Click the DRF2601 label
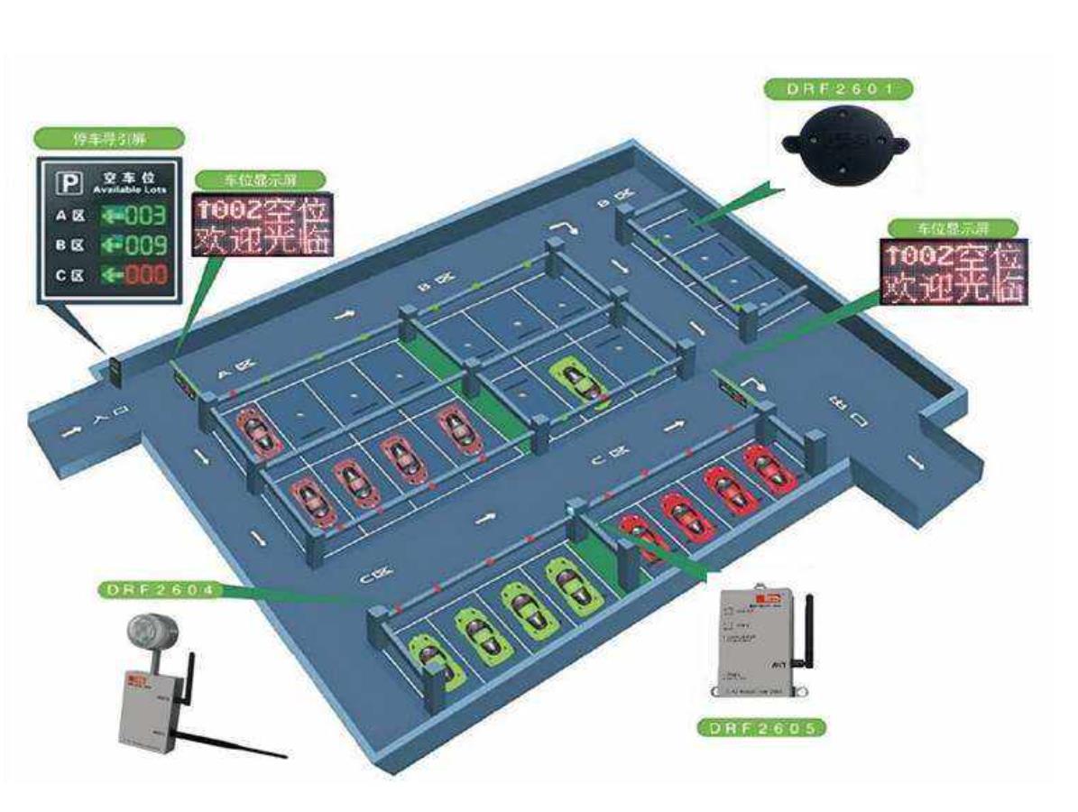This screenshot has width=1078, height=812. pyautogui.click(x=838, y=89)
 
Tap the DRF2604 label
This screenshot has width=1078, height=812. pyautogui.click(x=159, y=589)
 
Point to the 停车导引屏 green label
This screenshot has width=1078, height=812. pyautogui.click(x=109, y=139)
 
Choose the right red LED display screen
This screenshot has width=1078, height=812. pyautogui.click(x=953, y=271)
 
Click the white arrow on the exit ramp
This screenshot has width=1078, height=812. pyautogui.click(x=917, y=462)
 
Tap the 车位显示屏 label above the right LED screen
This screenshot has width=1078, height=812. pyautogui.click(x=953, y=227)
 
